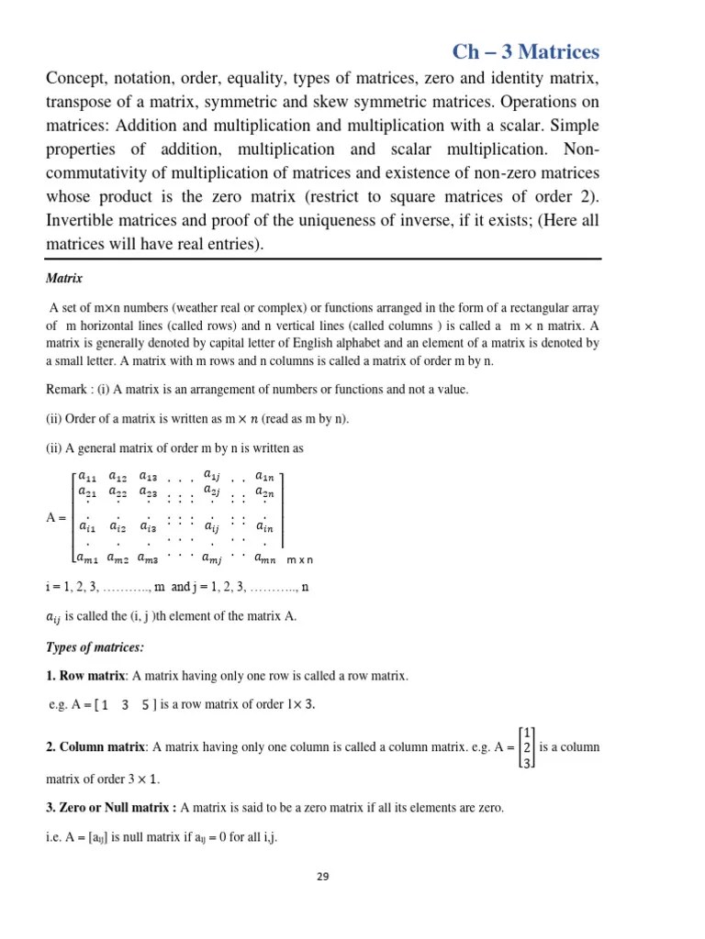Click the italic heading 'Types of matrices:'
tap(95, 647)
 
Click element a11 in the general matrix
tap(87, 476)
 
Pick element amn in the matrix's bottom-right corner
tap(265, 557)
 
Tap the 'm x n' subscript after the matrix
tap(300, 559)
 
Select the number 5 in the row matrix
tap(146, 704)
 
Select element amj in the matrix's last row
tap(211, 557)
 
